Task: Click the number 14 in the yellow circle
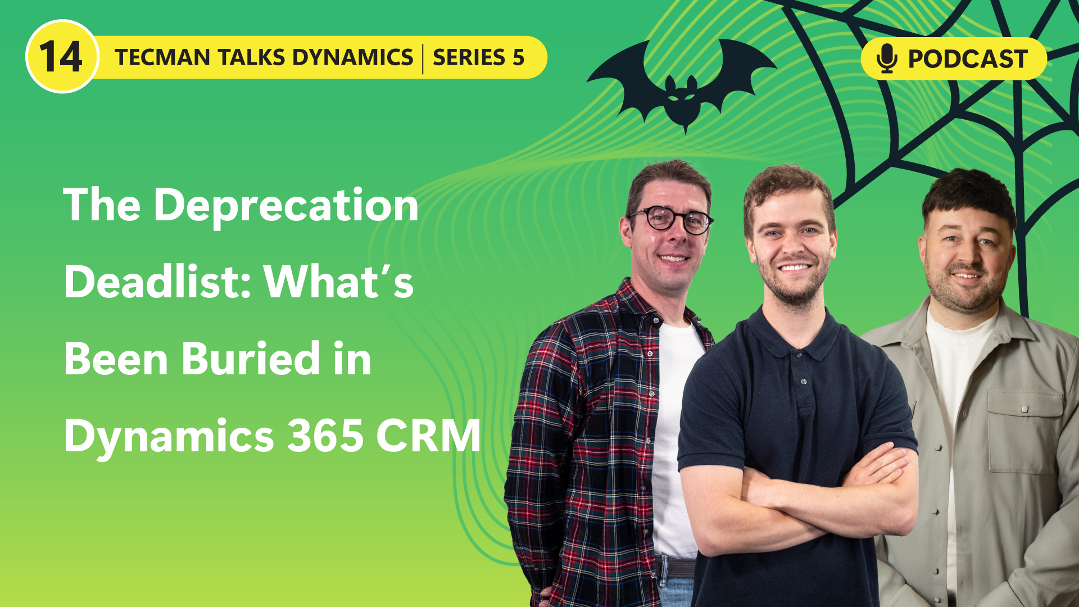coord(61,57)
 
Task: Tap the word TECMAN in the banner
coord(162,57)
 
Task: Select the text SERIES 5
coord(478,57)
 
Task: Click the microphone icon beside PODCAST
coord(886,58)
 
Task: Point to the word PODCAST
coord(968,59)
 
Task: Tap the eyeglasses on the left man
coord(670,219)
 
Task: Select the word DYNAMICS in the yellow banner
coord(352,57)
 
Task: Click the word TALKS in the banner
coord(251,57)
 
